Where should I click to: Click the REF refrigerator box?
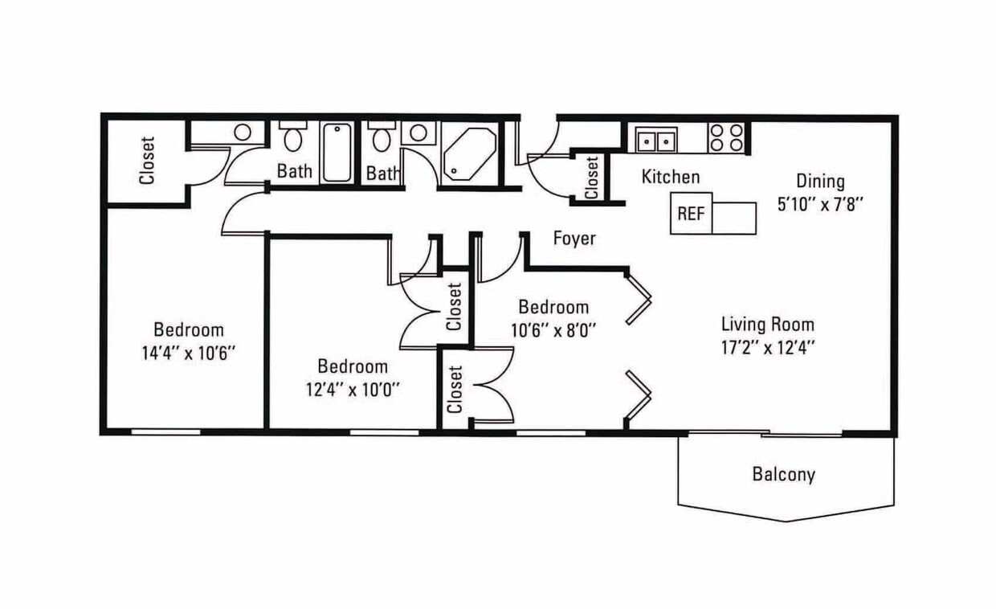pyautogui.click(x=691, y=213)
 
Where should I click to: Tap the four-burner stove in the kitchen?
pyautogui.click(x=725, y=137)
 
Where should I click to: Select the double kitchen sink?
pyautogui.click(x=656, y=140)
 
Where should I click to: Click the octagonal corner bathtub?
pyautogui.click(x=470, y=154)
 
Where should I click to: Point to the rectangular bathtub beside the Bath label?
pyautogui.click(x=337, y=153)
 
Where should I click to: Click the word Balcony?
pyautogui.click(x=783, y=475)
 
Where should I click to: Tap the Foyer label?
pyautogui.click(x=574, y=239)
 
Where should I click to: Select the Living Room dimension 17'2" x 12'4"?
pyautogui.click(x=768, y=347)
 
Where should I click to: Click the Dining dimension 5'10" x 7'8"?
pyautogui.click(x=820, y=205)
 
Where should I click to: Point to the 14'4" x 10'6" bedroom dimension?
pyautogui.click(x=188, y=354)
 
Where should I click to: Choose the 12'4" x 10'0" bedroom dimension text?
pyautogui.click(x=352, y=390)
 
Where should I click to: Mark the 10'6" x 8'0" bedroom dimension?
pyautogui.click(x=553, y=330)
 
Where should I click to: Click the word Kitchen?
pyautogui.click(x=671, y=177)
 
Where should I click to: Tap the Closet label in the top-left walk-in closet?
pyautogui.click(x=147, y=160)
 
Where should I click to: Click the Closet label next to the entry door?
pyautogui.click(x=591, y=178)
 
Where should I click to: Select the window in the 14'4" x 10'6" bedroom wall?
pyautogui.click(x=165, y=431)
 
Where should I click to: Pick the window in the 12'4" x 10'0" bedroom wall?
pyautogui.click(x=384, y=432)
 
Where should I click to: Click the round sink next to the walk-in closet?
pyautogui.click(x=243, y=132)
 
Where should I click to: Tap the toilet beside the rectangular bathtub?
pyautogui.click(x=292, y=136)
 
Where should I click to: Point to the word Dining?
pyautogui.click(x=820, y=181)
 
